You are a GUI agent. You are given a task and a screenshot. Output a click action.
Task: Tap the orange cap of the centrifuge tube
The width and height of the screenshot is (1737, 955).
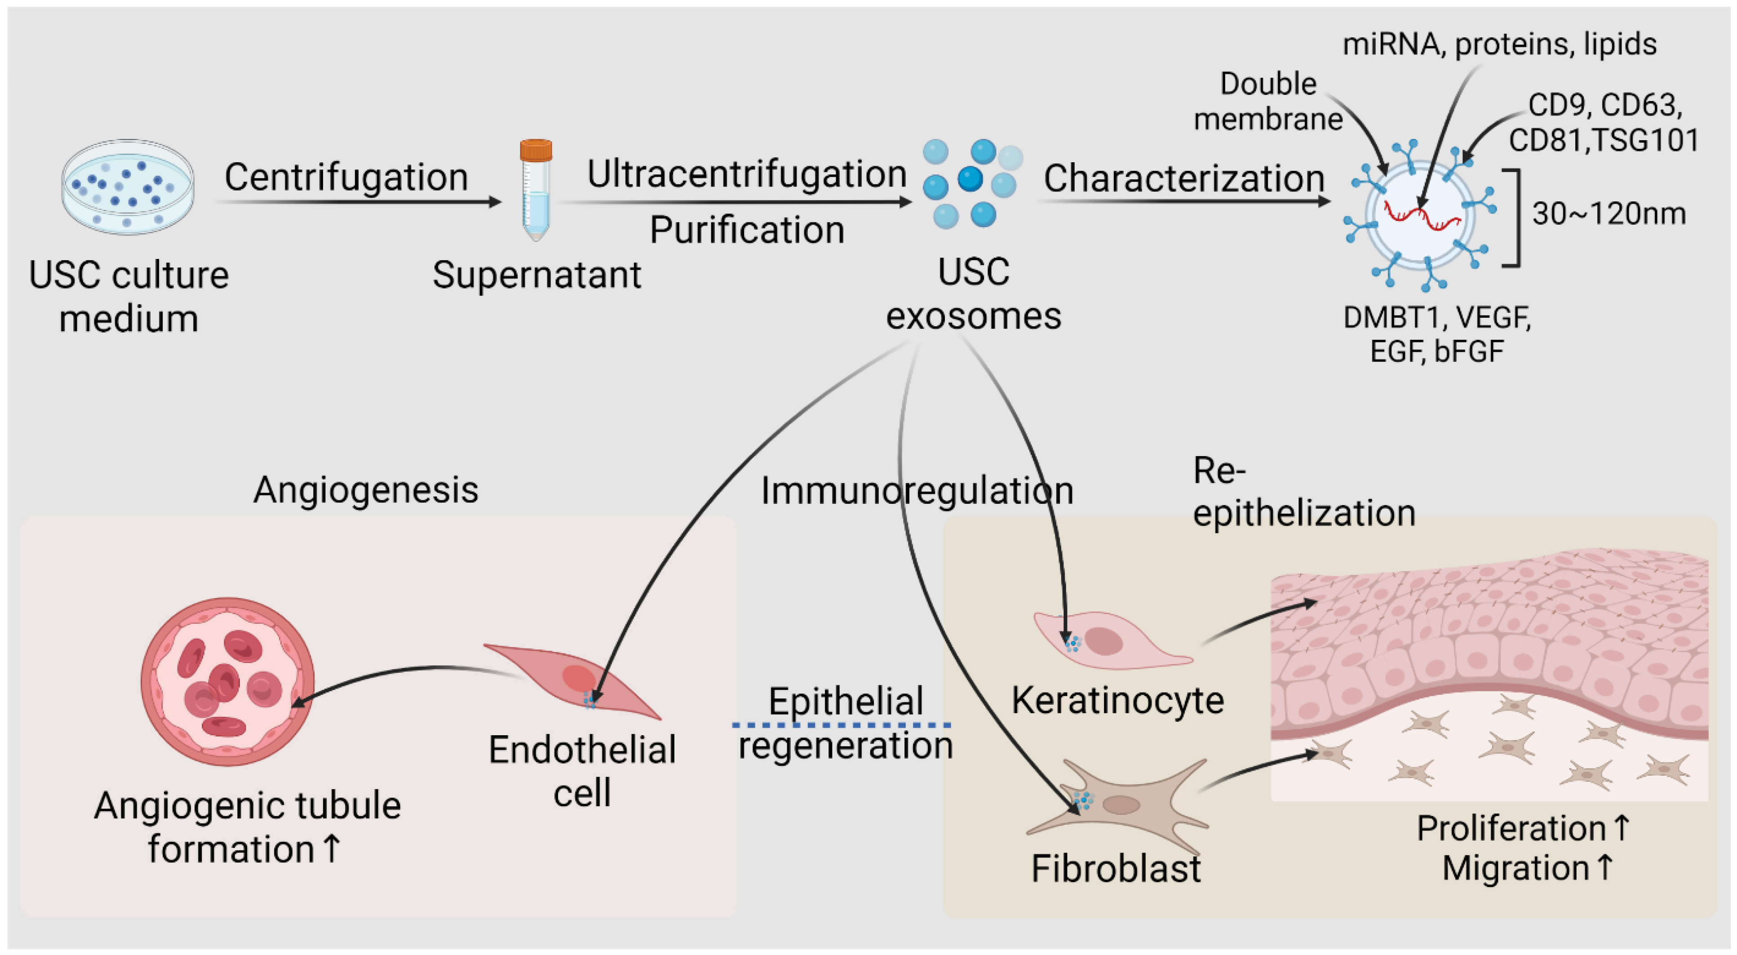point(536,149)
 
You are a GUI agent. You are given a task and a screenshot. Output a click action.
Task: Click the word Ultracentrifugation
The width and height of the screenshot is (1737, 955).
point(746,174)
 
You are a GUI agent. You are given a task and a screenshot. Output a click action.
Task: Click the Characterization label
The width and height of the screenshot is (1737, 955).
point(1184,179)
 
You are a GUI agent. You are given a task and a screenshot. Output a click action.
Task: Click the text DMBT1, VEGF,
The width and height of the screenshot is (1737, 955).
point(1437,317)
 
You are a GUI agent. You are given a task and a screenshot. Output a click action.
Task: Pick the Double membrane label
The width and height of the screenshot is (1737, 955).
point(1267,101)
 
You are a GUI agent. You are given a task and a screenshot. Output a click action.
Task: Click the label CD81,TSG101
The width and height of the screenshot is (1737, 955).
point(1604,140)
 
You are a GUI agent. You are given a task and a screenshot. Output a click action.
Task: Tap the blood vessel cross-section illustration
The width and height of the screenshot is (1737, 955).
point(227,681)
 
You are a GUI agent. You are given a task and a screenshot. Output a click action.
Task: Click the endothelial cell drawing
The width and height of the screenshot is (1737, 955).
point(573,681)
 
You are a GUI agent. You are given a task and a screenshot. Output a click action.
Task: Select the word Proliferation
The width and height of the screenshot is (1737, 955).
point(1511,828)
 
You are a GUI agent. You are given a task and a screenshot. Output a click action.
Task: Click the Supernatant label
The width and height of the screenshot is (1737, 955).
point(537,275)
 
